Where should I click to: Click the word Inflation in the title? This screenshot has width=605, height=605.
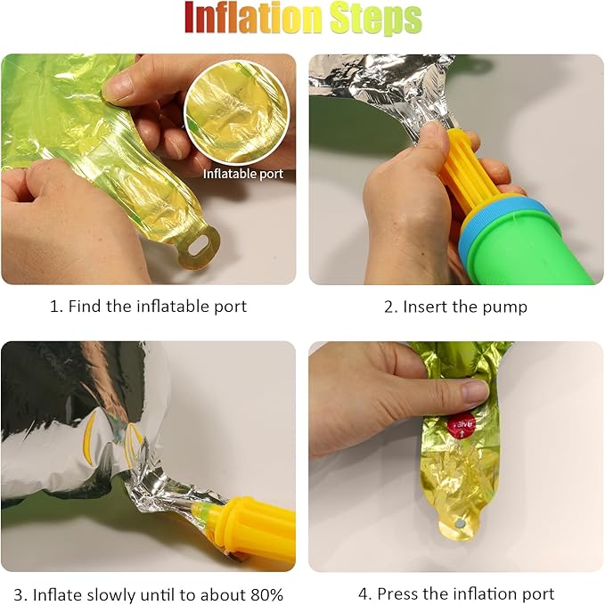253,19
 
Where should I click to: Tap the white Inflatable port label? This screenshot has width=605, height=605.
243,174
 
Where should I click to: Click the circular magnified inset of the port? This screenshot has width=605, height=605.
236,112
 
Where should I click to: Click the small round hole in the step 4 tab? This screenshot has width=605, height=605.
461,524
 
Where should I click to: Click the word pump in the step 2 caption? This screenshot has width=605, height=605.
504,307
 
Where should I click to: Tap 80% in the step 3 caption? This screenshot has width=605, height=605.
266,593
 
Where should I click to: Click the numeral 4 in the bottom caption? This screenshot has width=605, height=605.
363,593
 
